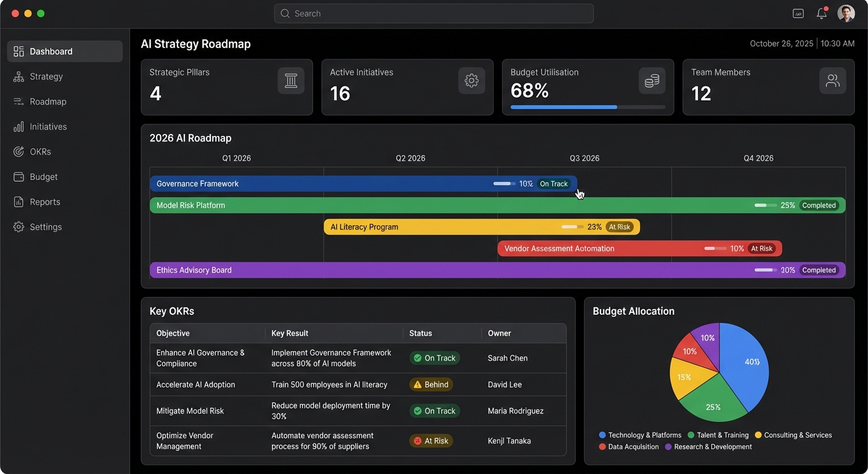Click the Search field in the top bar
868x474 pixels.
pyautogui.click(x=433, y=14)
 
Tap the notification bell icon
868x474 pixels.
pyautogui.click(x=821, y=14)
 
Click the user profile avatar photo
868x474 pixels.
pyautogui.click(x=846, y=14)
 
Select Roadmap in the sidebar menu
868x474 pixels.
pyautogui.click(x=47, y=102)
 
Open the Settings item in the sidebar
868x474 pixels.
pyautogui.click(x=46, y=227)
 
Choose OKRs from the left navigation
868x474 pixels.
pyautogui.click(x=40, y=152)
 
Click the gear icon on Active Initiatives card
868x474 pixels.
pyautogui.click(x=472, y=81)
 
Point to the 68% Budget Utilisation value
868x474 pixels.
pyautogui.click(x=530, y=91)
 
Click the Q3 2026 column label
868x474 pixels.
pyautogui.click(x=584, y=158)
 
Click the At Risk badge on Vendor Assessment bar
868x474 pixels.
pyautogui.click(x=761, y=249)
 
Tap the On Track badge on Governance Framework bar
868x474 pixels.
pyautogui.click(x=553, y=184)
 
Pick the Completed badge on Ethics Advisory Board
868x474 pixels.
pyautogui.click(x=819, y=270)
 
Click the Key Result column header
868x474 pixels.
pyautogui.click(x=290, y=333)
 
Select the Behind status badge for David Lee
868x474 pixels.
pyautogui.click(x=431, y=385)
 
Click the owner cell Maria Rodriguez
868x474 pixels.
pyautogui.click(x=515, y=411)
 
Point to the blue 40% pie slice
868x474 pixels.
pyautogui.click(x=746, y=361)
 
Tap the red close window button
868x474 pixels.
pyautogui.click(x=15, y=14)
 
